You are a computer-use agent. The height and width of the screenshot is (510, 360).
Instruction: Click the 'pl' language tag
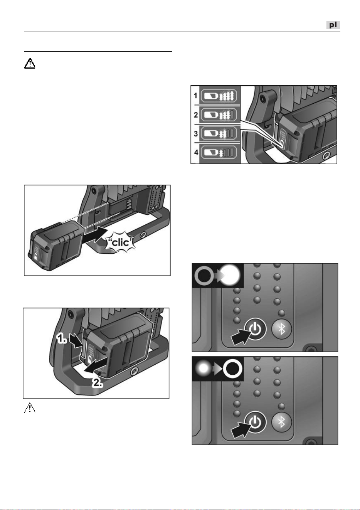(x=333, y=25)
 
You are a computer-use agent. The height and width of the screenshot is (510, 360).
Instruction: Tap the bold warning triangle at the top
(x=30, y=63)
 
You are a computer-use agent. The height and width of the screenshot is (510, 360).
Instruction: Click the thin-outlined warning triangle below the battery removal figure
(x=30, y=408)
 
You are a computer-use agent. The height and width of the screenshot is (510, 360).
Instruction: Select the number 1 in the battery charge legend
(x=195, y=96)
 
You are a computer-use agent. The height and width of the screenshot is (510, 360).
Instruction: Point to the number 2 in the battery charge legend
(x=195, y=115)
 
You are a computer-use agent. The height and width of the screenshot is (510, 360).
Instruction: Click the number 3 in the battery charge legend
(x=195, y=134)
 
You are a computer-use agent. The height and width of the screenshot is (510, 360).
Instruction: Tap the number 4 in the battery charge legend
(x=196, y=152)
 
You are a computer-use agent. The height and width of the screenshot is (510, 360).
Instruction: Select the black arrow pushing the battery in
(x=94, y=235)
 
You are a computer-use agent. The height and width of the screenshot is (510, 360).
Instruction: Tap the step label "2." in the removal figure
(x=98, y=383)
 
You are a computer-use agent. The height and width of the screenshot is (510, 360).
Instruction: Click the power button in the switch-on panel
(x=255, y=329)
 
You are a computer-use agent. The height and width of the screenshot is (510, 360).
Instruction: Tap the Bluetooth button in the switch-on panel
(x=282, y=329)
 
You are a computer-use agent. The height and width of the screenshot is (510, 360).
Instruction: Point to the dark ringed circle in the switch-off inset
(x=232, y=369)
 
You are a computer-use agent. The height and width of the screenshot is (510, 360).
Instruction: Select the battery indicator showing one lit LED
(x=219, y=152)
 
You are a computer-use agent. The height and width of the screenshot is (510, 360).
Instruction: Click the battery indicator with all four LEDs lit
(x=219, y=96)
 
